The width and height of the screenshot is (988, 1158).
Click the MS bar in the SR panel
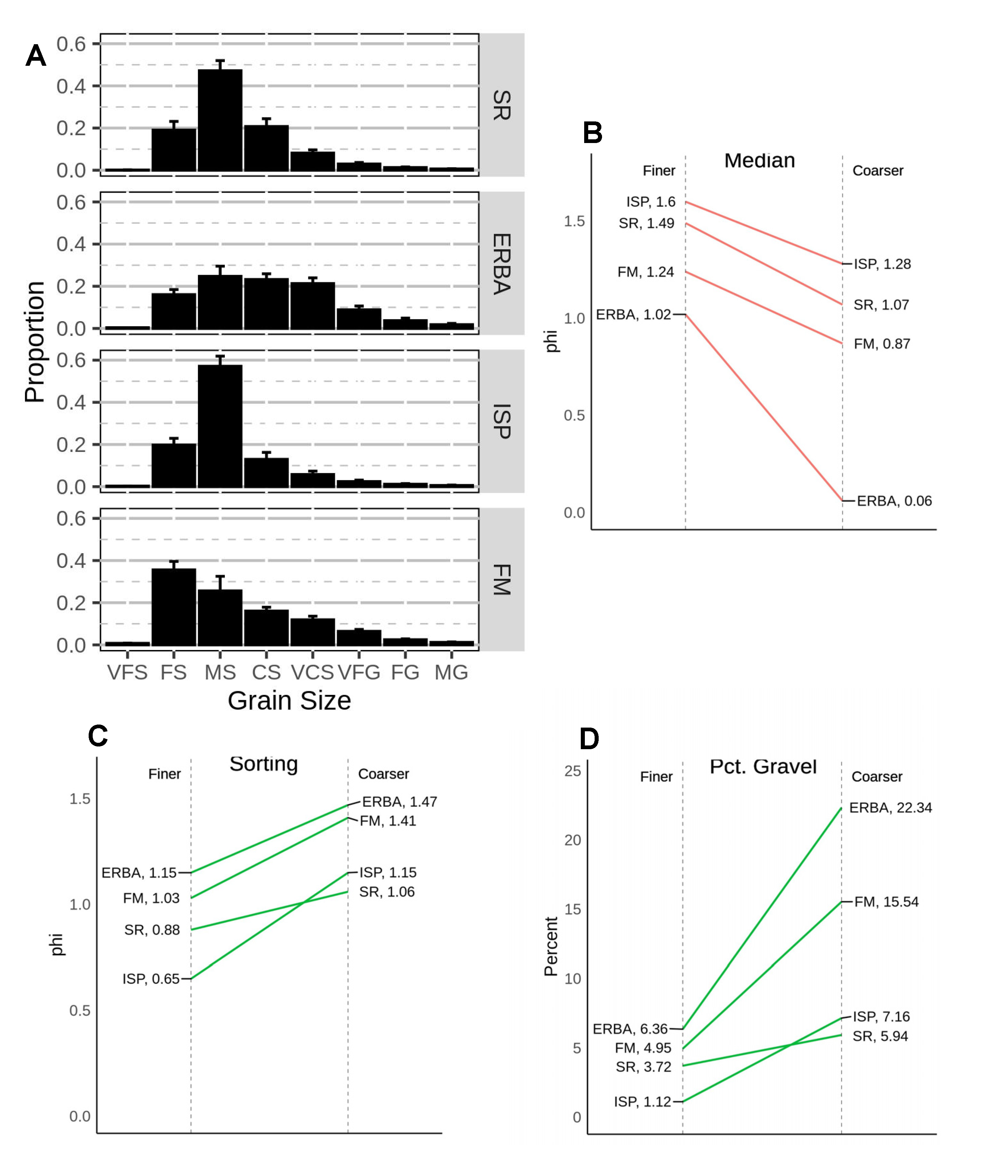coord(220,120)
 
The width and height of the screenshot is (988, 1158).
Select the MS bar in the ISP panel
coord(220,426)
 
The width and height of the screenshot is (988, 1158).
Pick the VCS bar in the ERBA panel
coord(313,306)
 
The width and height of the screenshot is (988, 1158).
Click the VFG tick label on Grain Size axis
coord(359,672)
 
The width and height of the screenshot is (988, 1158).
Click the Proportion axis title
coord(35,342)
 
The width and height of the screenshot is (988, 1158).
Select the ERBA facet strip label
coord(502,264)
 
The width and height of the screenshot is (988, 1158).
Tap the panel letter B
coord(593,133)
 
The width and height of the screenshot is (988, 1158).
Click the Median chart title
coord(759,161)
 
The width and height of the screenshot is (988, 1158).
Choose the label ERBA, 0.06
coord(894,501)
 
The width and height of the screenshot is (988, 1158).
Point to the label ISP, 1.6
coord(651,202)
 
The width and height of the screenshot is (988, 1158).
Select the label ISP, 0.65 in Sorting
coord(151,979)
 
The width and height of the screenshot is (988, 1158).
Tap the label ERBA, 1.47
coord(399,802)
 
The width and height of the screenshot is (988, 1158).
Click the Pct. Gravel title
coord(763,767)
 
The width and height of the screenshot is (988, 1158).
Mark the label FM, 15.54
coord(886,902)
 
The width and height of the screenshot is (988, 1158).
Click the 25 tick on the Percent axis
coord(572,771)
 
